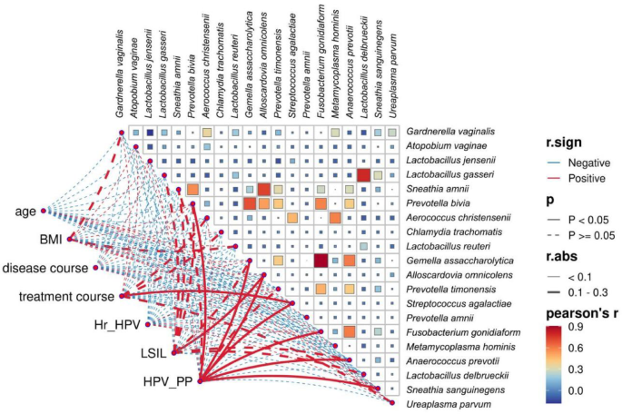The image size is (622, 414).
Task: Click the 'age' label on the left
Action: pyautogui.click(x=25, y=212)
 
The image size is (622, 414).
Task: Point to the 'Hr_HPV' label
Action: pyautogui.click(x=117, y=324)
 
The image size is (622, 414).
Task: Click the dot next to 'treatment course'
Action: pyautogui.click(x=122, y=296)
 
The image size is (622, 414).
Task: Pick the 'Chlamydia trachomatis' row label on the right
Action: pyautogui.click(x=452, y=231)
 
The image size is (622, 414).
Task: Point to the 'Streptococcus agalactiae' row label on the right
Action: pyautogui.click(x=456, y=302)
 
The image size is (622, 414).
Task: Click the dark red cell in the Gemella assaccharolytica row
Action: pyautogui.click(x=321, y=261)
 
